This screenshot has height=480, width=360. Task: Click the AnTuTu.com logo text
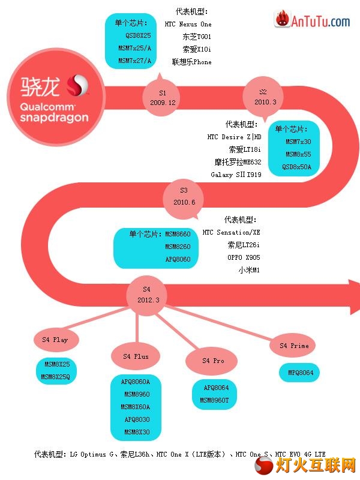[320, 22]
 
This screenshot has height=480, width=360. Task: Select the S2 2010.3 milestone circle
[263, 97]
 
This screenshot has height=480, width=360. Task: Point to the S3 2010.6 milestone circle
[184, 197]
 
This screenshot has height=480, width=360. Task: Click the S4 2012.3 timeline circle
[147, 295]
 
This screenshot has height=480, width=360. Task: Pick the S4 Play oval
[56, 340]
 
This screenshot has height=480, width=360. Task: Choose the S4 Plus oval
[136, 356]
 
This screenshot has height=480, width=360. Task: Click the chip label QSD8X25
[138, 35]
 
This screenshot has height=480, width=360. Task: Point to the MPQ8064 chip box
[299, 373]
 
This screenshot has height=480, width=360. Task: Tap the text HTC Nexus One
[188, 24]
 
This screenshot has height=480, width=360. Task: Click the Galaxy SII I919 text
[236, 175]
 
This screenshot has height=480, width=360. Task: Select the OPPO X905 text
[244, 257]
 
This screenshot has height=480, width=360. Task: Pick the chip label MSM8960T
[214, 400]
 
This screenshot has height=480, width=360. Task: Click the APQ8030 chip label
[137, 419]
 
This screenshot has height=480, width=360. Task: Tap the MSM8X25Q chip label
[55, 377]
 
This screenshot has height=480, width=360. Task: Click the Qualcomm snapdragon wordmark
[54, 112]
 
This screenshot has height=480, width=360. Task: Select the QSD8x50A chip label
[296, 167]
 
